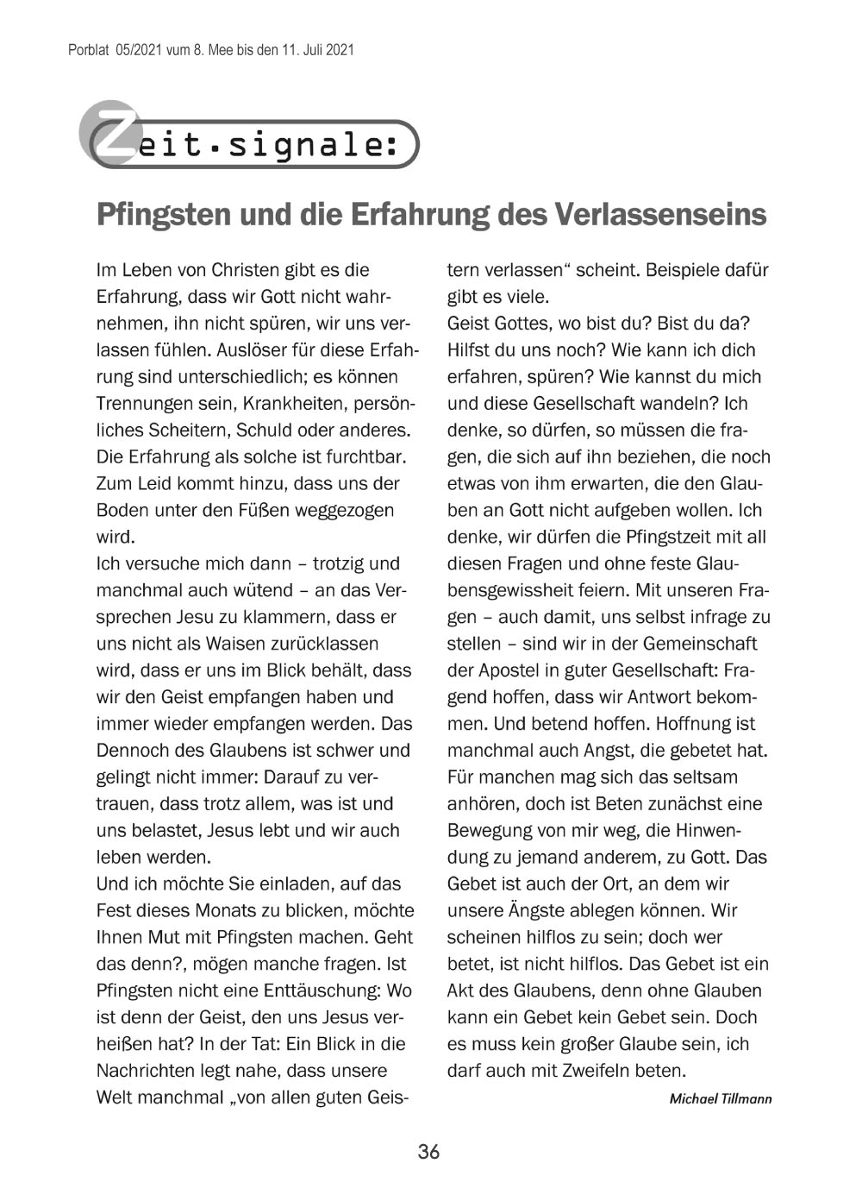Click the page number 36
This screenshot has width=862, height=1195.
click(x=428, y=1152)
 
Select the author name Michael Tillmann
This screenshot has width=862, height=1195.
click(x=721, y=1098)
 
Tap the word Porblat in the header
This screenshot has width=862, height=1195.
click(x=87, y=50)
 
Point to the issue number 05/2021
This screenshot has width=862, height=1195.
click(x=135, y=50)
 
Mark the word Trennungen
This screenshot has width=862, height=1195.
click(x=142, y=403)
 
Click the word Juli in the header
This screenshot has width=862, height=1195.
click(x=313, y=50)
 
